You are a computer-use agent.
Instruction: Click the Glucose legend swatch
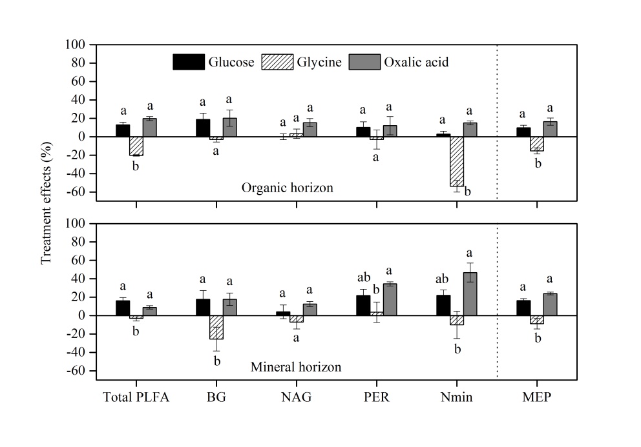(189, 62)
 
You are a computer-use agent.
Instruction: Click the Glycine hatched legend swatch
(277, 62)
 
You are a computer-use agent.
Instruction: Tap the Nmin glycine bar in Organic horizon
(457, 161)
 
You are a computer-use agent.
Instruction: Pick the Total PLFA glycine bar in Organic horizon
(136, 146)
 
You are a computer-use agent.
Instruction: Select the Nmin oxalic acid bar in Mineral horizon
(470, 294)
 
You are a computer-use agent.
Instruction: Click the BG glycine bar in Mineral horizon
(216, 327)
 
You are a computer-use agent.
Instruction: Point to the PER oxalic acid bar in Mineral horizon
(390, 299)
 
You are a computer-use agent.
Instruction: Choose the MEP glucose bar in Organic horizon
(523, 132)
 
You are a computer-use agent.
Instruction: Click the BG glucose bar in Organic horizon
(202, 128)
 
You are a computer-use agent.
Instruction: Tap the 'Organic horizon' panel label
(287, 188)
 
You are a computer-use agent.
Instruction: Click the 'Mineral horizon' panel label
(295, 367)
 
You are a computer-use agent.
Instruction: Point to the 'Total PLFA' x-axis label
(136, 397)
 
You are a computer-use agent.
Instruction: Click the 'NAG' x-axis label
(296, 397)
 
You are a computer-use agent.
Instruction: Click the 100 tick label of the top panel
(76, 45)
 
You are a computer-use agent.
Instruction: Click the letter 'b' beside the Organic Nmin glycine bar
(467, 192)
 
